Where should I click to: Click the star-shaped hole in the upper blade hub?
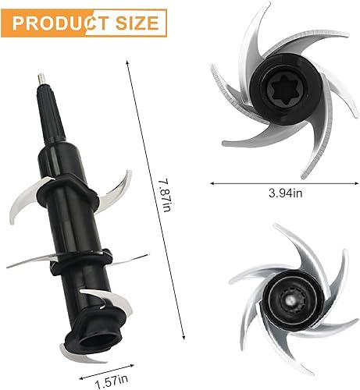pos(280,97)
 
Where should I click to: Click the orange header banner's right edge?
pos(165,20)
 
